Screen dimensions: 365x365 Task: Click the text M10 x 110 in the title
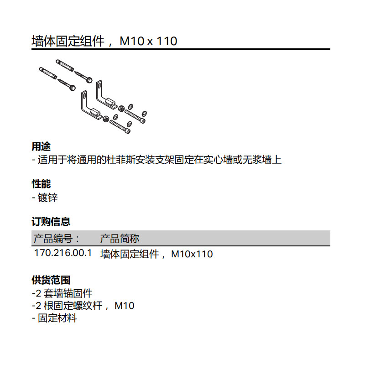(148, 42)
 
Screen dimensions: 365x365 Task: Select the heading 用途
(41, 147)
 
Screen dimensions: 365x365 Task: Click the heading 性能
(41, 184)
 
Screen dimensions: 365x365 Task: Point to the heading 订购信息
(51, 222)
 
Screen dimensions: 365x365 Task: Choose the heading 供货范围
(51, 280)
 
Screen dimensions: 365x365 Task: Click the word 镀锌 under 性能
(48, 198)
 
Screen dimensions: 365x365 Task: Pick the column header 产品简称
(120, 239)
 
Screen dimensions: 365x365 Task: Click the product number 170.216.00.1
(63, 253)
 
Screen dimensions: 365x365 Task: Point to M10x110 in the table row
(192, 254)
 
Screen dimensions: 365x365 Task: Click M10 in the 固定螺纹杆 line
(124, 306)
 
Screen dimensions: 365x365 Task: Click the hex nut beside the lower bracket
(105, 119)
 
